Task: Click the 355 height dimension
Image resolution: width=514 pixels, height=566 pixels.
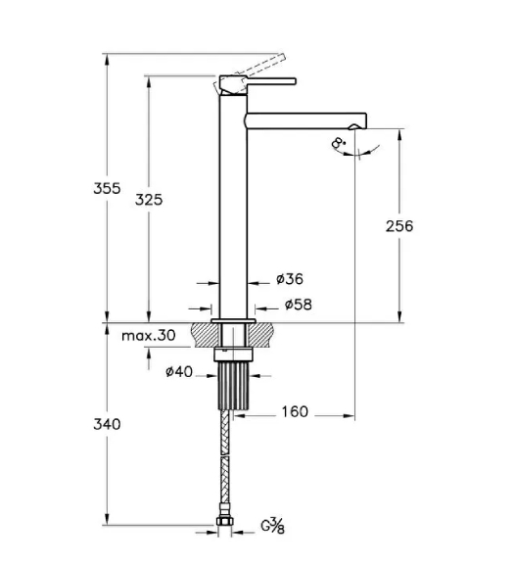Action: [x=107, y=188]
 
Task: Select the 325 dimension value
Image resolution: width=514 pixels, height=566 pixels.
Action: [x=149, y=199]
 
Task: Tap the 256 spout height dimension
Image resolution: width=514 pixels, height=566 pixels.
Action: [x=399, y=226]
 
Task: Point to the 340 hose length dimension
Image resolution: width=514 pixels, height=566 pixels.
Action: [x=107, y=424]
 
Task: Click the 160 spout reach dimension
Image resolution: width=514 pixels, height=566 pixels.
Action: [x=295, y=411]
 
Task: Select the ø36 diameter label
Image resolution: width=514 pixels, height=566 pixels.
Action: [x=290, y=279]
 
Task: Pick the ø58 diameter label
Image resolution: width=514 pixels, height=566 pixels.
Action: [x=299, y=305]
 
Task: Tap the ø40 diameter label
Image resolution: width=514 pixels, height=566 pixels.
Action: [x=179, y=371]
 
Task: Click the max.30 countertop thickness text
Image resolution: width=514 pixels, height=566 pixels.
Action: [x=149, y=336]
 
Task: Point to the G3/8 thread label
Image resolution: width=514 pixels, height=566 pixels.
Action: [x=273, y=526]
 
